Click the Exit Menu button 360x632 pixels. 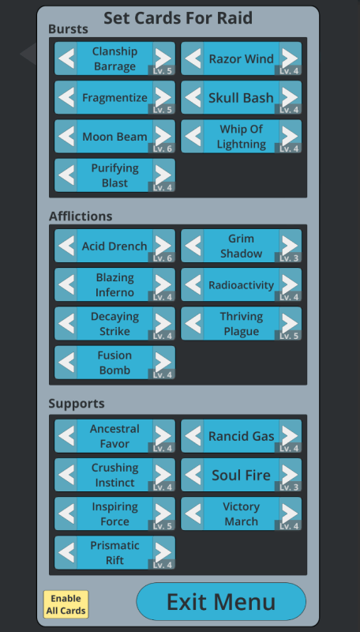(221, 601)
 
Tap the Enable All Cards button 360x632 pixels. (66, 604)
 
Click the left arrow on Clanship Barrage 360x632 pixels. (66, 58)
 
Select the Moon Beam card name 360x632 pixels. (114, 137)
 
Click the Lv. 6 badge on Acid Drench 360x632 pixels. (162, 258)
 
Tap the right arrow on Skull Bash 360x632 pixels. (290, 97)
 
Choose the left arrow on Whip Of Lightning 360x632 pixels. (193, 136)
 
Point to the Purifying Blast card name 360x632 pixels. (114, 175)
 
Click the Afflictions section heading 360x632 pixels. (81, 216)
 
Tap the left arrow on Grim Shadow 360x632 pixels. (193, 246)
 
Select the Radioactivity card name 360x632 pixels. (242, 285)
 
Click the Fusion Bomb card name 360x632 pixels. (114, 363)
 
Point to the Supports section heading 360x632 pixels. (77, 404)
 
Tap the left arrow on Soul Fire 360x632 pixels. (193, 475)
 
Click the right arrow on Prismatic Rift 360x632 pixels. (163, 552)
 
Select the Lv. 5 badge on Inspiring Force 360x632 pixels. (162, 525)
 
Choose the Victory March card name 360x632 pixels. (242, 514)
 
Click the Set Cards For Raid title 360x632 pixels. (178, 17)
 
